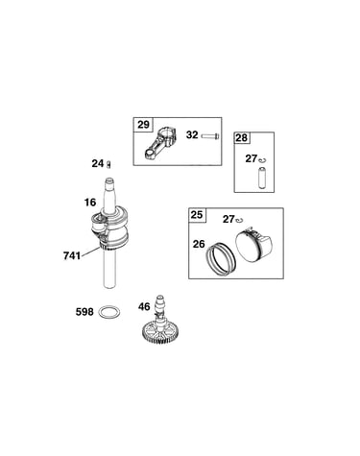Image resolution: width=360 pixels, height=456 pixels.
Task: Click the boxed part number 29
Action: click(143, 124)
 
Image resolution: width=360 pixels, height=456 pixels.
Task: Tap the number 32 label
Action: click(192, 134)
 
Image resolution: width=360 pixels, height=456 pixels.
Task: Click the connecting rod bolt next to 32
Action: click(210, 136)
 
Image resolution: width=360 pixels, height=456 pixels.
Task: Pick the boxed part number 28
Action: click(242, 137)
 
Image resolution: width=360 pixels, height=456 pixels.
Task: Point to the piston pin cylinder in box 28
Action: click(262, 177)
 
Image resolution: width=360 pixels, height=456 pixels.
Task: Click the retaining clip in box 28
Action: click(263, 159)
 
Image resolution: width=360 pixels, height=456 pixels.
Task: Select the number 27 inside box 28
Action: click(252, 158)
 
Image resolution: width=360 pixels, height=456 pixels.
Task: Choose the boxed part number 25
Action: click(197, 214)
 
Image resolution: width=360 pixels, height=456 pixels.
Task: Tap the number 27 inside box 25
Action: click(228, 219)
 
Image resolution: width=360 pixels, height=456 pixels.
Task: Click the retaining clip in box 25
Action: click(240, 220)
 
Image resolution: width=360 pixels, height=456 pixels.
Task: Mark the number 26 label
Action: click(199, 244)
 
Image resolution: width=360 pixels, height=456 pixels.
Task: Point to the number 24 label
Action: click(97, 163)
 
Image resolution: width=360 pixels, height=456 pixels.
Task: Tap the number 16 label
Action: click(90, 203)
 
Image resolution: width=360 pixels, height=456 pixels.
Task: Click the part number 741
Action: click(72, 256)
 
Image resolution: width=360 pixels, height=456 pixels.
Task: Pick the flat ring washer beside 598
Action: click(110, 312)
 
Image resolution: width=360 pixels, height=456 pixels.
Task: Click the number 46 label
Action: click(144, 306)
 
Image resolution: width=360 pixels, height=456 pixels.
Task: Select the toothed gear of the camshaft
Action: click(159, 334)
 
